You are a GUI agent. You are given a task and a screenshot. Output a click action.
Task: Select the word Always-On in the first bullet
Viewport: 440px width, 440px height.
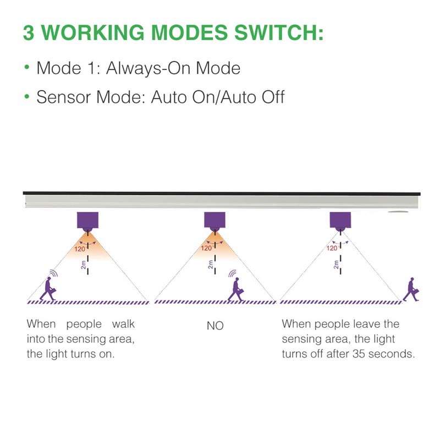click(x=145, y=69)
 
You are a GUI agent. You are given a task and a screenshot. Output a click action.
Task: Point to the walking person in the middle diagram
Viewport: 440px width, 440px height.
click(x=236, y=288)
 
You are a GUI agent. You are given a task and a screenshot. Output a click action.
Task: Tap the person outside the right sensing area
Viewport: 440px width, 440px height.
click(x=410, y=289)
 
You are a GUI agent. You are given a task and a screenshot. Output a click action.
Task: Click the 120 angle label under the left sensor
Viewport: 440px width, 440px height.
click(x=80, y=249)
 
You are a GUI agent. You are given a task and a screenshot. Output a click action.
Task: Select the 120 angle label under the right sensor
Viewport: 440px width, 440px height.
click(x=332, y=248)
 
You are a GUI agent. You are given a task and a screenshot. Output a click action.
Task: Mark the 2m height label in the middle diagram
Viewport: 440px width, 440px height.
click(x=210, y=265)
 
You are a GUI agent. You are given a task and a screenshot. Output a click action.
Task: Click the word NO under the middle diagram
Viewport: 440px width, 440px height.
click(x=215, y=326)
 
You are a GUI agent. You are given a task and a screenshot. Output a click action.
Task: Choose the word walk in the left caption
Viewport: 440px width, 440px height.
click(x=124, y=324)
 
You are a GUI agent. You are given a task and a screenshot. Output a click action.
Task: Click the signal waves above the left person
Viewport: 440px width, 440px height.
click(x=53, y=272)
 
